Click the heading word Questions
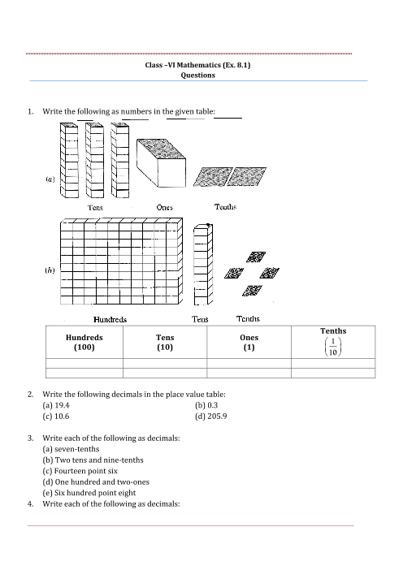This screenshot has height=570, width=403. (x=198, y=76)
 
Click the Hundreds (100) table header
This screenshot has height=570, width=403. (x=84, y=342)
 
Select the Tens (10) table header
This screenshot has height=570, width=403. (x=165, y=342)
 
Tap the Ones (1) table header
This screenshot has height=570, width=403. (x=249, y=342)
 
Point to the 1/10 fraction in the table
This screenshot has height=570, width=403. (x=333, y=347)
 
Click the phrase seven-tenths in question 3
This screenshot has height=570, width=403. (x=76, y=449)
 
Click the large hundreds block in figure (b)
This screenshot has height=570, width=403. (x=121, y=261)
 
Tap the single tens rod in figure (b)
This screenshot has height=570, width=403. (x=203, y=264)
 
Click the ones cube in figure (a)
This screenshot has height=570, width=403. (x=161, y=163)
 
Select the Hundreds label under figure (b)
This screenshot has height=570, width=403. (x=110, y=320)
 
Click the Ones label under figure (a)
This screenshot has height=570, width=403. (x=164, y=207)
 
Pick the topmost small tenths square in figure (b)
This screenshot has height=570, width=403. (x=256, y=257)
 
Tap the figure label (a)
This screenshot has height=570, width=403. (x=50, y=179)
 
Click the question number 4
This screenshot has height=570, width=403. (x=30, y=504)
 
